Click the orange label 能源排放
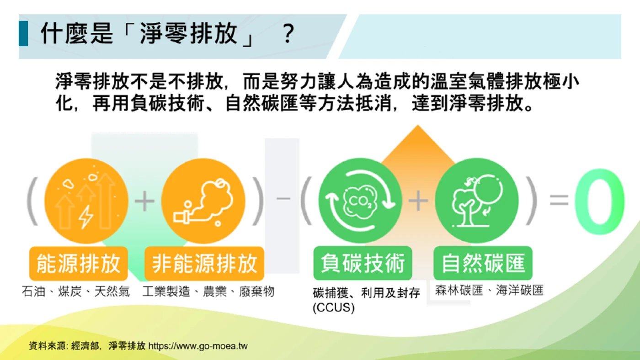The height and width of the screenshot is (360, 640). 79,263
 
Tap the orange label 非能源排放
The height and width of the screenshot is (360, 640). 204,263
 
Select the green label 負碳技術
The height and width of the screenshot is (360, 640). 363,263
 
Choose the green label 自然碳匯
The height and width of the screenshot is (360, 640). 483,263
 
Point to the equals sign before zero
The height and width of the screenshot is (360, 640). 559,200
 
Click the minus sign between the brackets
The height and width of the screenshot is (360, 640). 283,198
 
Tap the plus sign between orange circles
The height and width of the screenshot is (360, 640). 144,201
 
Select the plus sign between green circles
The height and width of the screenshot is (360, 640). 418,201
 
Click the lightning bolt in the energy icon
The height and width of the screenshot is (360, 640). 85,217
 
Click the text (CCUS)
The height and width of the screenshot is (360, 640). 334,308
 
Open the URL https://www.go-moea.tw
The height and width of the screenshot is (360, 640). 198,346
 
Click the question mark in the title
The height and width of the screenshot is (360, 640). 288,34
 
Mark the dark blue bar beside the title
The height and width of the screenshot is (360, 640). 23,33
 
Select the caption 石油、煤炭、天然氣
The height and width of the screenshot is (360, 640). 76,291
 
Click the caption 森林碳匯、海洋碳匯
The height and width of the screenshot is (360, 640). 489,291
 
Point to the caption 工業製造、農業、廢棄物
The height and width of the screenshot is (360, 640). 208,291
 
